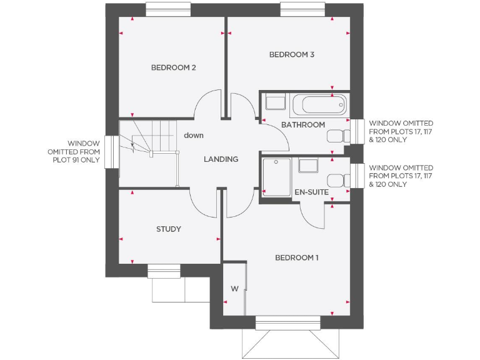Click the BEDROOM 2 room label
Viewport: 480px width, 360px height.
pyautogui.click(x=173, y=67)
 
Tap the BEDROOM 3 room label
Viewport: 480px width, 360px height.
pyautogui.click(x=291, y=55)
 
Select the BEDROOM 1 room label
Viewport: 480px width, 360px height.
pyautogui.click(x=297, y=257)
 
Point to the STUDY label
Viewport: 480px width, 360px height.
pyautogui.click(x=169, y=229)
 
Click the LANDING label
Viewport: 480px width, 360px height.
pyautogui.click(x=221, y=159)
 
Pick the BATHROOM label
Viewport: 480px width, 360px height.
pyautogui.click(x=303, y=125)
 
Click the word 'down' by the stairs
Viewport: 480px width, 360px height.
pyautogui.click(x=194, y=135)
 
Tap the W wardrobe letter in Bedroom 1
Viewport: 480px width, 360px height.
pyautogui.click(x=234, y=288)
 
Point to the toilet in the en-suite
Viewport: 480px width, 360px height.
pyautogui.click(x=338, y=179)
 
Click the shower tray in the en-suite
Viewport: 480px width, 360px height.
pyautogui.click(x=276, y=177)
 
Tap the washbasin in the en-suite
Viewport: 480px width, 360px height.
pyautogui.click(x=307, y=165)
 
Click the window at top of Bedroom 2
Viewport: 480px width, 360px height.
pyautogui.click(x=167, y=9)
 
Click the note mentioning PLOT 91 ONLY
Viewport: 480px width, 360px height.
pyautogui.click(x=74, y=152)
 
